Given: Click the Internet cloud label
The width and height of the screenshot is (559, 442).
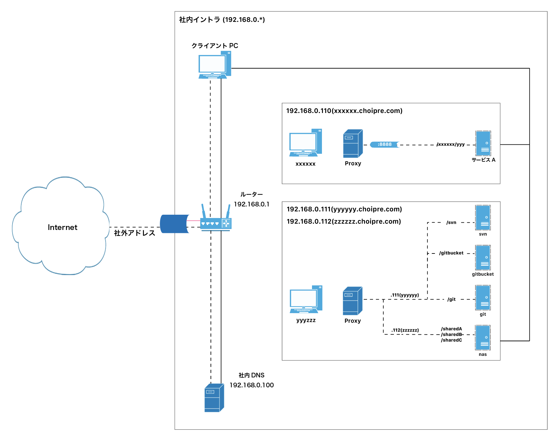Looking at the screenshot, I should [62, 227].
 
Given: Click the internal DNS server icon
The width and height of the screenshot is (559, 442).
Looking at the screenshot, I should [214, 398].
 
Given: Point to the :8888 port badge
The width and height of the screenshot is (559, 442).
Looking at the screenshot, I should [385, 144].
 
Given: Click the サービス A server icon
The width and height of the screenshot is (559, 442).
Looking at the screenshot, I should [483, 143].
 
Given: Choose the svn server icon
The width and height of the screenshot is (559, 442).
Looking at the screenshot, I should [483, 218].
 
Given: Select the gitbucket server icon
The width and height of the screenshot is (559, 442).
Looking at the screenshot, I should [483, 258].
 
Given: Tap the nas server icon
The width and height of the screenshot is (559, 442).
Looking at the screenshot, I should [483, 338].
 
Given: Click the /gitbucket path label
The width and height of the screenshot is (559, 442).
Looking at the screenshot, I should [451, 253].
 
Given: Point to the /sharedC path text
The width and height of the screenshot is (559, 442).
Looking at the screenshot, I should [451, 340].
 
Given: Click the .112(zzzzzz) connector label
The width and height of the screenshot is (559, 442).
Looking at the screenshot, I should [405, 330].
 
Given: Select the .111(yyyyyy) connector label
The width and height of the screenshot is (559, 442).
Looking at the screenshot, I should [405, 295].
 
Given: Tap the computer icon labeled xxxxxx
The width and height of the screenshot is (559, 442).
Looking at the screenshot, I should [305, 143].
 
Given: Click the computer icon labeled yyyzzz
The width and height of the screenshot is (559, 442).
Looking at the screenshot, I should [306, 300].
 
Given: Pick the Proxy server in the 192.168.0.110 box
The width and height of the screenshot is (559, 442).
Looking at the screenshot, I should [353, 144].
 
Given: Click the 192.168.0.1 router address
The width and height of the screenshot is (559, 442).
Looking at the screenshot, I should [252, 204].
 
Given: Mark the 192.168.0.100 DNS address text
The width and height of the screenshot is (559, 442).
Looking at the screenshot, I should [252, 385].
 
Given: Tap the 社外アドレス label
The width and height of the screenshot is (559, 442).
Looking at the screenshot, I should [135, 233].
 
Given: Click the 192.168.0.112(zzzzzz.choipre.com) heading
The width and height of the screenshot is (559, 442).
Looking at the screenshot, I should [344, 222].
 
